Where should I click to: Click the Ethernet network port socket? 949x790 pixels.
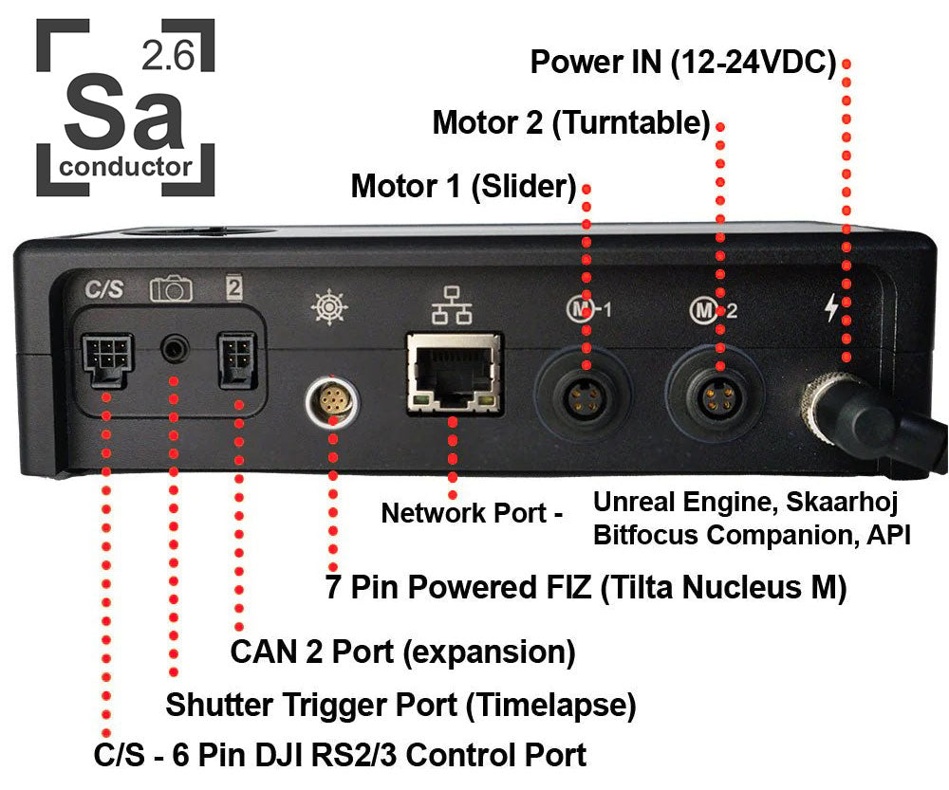[x=454, y=374]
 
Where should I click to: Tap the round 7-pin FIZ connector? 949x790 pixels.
[x=331, y=400]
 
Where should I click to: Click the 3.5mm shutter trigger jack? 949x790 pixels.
[x=174, y=349]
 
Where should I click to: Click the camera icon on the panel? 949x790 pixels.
[x=171, y=289]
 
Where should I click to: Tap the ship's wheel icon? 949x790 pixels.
[x=329, y=307]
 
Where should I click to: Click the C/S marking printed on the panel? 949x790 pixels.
[x=104, y=289]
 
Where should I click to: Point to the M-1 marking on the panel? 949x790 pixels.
[x=589, y=310]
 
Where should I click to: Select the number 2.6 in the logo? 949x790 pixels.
[x=168, y=56]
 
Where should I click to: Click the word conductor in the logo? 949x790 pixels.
[x=126, y=166]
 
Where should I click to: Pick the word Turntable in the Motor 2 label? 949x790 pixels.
[x=631, y=122]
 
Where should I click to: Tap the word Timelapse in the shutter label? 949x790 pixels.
[x=550, y=706]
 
